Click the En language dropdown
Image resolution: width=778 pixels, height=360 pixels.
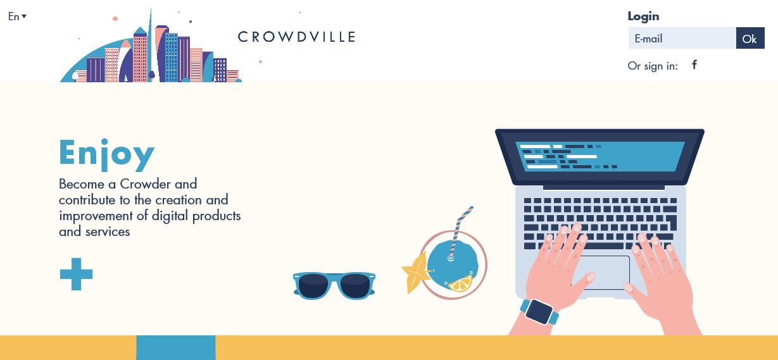17,16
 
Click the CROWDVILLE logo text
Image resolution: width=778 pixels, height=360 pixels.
297,37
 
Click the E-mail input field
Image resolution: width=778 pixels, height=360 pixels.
682,38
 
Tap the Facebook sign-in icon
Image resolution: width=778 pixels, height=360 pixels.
694,65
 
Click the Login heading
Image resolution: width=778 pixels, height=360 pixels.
643,16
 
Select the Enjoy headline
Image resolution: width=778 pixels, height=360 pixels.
106,154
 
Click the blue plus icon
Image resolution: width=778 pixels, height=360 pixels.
77,274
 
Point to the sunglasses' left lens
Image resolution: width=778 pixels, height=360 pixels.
313,286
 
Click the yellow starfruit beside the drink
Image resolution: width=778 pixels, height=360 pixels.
417,273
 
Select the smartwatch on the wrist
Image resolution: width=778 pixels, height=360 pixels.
539,312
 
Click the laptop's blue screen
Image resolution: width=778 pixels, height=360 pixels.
600,156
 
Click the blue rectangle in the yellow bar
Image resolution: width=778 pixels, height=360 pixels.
176,347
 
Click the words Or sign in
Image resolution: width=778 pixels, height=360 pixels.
653,66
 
